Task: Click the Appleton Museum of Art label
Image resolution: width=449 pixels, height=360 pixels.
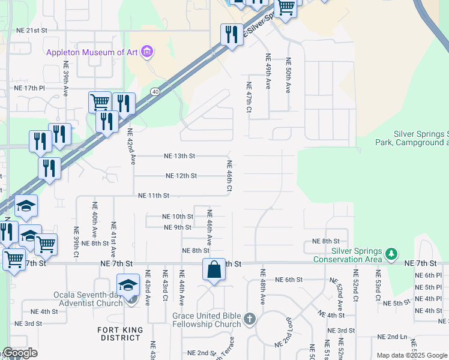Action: click(x=92, y=52)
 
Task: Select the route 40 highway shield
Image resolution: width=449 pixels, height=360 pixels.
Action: click(x=155, y=91)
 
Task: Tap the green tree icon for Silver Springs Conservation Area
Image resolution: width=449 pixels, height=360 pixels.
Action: click(x=391, y=254)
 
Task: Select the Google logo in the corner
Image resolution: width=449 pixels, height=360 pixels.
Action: click(x=20, y=353)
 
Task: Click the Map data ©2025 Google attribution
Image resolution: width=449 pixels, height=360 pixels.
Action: click(x=412, y=355)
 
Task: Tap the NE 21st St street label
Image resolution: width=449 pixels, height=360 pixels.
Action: click(x=31, y=29)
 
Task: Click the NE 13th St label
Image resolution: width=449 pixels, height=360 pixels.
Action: click(x=180, y=156)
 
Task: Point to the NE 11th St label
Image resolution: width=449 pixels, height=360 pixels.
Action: click(x=154, y=196)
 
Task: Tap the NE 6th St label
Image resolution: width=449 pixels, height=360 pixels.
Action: click(x=289, y=280)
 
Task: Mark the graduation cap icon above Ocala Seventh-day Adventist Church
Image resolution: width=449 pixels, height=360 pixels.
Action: click(x=128, y=284)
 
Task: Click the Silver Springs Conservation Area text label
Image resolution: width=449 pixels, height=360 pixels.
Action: click(x=348, y=255)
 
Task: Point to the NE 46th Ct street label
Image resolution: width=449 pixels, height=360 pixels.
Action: click(x=229, y=176)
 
